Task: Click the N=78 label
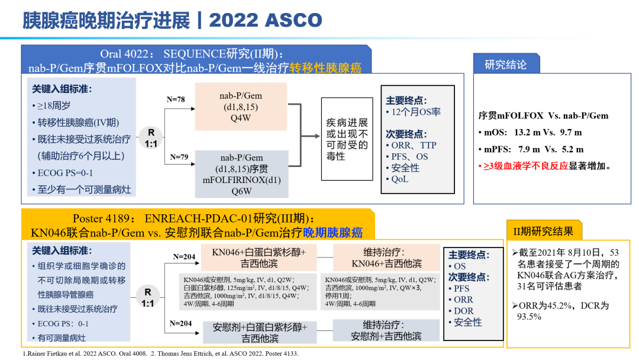point(176,99)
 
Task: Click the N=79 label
point(179,157)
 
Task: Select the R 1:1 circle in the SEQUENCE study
point(151,138)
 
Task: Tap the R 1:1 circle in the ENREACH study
point(147,297)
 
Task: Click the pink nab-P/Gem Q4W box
point(241,107)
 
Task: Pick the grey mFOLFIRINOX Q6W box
point(241,174)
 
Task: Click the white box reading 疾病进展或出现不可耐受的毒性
point(347,139)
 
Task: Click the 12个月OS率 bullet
point(413,112)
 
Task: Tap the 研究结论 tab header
point(506,64)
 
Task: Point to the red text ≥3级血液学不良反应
point(526,166)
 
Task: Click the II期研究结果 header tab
point(544,231)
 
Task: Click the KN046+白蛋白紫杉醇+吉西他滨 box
point(259,258)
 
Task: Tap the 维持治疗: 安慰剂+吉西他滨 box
point(386,330)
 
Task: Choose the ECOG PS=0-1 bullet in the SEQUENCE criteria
point(63,173)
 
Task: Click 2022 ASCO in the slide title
point(266,20)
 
